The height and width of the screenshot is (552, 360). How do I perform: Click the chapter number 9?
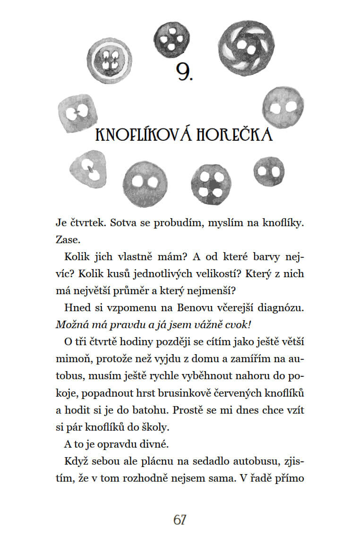tap(184, 72)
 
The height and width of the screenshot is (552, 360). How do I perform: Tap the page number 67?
tap(180, 519)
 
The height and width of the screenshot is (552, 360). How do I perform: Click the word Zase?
tap(66, 239)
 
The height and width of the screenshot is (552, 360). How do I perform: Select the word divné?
tap(153, 444)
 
